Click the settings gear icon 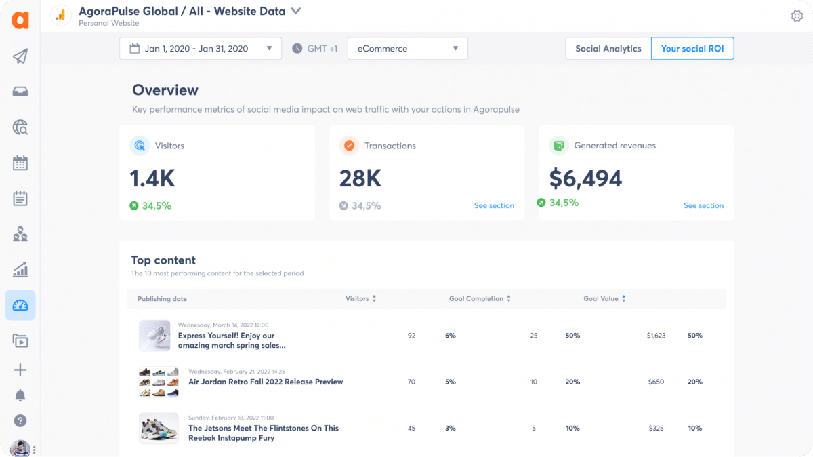click(x=797, y=16)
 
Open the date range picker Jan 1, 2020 click(x=200, y=49)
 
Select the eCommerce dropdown click(x=407, y=49)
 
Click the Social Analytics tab click(x=608, y=49)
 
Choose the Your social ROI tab click(x=692, y=49)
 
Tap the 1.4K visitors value click(x=152, y=178)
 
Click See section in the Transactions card click(x=494, y=205)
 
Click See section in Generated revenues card click(x=703, y=205)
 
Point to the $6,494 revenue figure click(x=585, y=178)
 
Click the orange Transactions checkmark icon click(x=349, y=145)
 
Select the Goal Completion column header click(x=476, y=298)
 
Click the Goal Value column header click(x=601, y=298)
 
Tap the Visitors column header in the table click(x=357, y=298)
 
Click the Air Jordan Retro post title click(x=266, y=382)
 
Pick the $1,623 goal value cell click(x=656, y=336)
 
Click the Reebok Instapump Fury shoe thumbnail click(x=159, y=429)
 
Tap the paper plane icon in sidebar click(x=20, y=56)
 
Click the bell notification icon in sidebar click(x=20, y=395)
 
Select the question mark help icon click(x=20, y=421)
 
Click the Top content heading click(x=163, y=260)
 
